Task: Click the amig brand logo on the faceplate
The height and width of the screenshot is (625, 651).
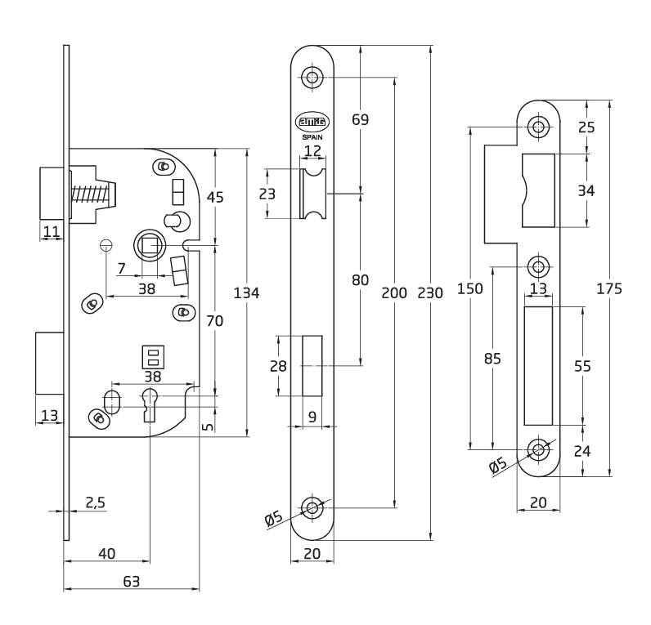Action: click(312, 122)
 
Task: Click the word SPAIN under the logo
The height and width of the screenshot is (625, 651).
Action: click(312, 137)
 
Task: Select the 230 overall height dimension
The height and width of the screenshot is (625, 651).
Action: click(430, 293)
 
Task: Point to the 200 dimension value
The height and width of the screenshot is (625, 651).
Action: click(394, 293)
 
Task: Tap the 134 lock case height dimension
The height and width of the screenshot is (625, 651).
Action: click(246, 293)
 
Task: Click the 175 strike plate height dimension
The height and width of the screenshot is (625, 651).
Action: click(609, 288)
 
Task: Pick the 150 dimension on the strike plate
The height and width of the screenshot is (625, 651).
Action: click(470, 288)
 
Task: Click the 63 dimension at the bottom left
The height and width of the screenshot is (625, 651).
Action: click(131, 582)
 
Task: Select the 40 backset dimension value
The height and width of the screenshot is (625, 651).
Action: click(106, 553)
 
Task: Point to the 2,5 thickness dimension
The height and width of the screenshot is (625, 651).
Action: click(96, 502)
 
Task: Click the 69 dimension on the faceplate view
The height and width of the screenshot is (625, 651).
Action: click(360, 119)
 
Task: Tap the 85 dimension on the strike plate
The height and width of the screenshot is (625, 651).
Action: click(492, 359)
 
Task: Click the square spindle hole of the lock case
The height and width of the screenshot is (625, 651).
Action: click(150, 246)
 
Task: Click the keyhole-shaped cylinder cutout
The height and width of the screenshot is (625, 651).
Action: click(150, 404)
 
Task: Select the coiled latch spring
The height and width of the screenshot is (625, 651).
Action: click(90, 195)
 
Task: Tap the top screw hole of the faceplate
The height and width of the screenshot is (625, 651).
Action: click(312, 77)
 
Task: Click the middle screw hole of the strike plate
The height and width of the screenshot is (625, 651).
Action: click(538, 266)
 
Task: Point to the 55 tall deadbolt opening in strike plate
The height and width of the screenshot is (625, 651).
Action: click(538, 366)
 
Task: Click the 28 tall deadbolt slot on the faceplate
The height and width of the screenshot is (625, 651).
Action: click(312, 366)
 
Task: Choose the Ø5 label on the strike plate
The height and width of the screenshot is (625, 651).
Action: click(498, 465)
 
